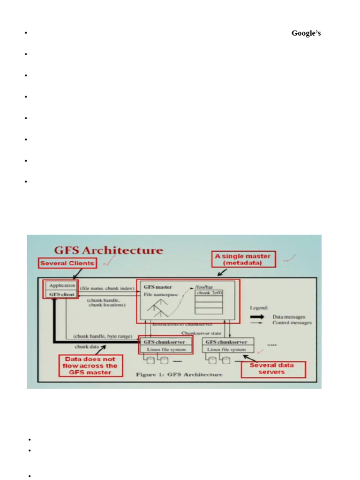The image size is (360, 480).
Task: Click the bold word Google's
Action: point(306,33)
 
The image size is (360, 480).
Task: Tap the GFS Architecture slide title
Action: point(109,250)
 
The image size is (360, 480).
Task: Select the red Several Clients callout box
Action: point(67,263)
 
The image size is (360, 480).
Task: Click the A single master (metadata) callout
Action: point(243,259)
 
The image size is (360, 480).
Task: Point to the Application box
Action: point(62,285)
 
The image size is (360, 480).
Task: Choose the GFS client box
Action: point(62,294)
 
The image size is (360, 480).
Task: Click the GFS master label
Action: point(157,286)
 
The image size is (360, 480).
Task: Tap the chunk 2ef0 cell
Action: point(209,293)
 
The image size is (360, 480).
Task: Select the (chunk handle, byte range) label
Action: point(102,337)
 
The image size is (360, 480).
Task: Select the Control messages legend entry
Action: point(292,323)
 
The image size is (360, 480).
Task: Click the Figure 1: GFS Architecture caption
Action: point(179,375)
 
